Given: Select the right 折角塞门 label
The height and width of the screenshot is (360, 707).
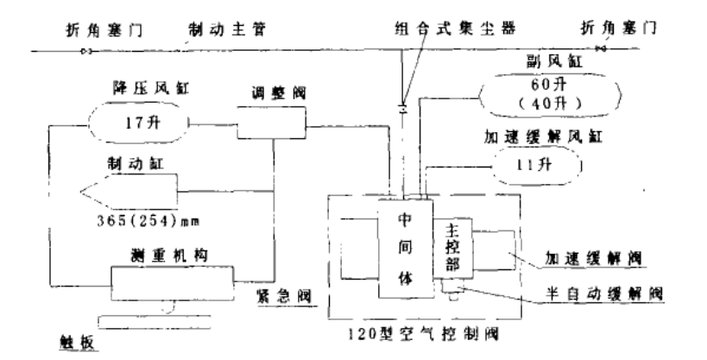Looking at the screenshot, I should (x=620, y=28).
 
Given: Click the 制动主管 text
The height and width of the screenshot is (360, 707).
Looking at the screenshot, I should (x=223, y=28).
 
